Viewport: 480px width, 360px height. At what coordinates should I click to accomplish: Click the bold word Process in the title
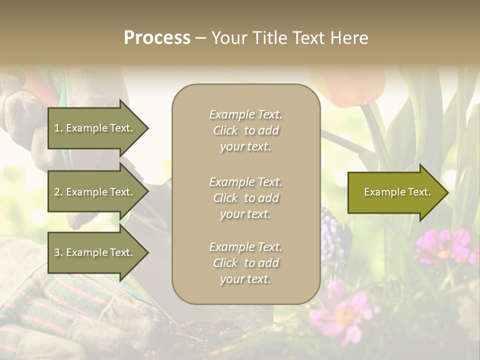(157, 38)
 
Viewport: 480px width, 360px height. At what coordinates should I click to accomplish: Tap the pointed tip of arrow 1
(146, 128)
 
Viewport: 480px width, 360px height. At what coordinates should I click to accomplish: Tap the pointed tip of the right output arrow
(447, 192)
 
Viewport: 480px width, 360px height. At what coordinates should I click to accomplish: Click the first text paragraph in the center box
(245, 130)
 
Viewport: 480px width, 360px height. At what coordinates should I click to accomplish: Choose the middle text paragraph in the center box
(245, 198)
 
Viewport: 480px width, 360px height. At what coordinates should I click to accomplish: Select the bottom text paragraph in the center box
(245, 263)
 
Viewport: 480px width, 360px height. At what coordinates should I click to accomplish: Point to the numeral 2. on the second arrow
(58, 192)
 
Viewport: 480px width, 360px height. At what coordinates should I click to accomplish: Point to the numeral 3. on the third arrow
(58, 252)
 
